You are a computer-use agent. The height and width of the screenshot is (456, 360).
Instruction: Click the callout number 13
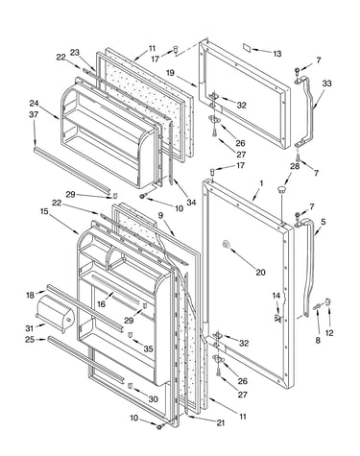pyautogui.click(x=277, y=54)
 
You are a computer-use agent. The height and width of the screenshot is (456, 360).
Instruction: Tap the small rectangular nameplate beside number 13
pyautogui.click(x=247, y=48)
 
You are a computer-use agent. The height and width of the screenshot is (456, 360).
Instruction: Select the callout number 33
pyautogui.click(x=326, y=84)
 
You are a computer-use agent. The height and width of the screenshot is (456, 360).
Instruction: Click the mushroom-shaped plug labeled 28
pyautogui.click(x=281, y=190)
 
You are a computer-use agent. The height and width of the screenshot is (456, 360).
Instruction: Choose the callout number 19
pyautogui.click(x=170, y=73)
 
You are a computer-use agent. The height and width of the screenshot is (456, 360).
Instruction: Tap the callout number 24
pyautogui.click(x=34, y=104)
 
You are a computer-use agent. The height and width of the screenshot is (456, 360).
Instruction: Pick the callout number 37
pyautogui.click(x=34, y=114)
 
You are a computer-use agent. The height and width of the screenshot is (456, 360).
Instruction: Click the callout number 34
pyautogui.click(x=191, y=203)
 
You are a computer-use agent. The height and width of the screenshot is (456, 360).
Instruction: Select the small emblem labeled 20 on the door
pyautogui.click(x=226, y=245)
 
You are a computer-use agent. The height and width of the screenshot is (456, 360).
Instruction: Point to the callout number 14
pyautogui.click(x=276, y=296)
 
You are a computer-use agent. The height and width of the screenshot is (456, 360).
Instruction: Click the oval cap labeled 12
pyautogui.click(x=328, y=301)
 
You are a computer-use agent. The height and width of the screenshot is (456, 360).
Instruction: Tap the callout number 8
pyautogui.click(x=318, y=340)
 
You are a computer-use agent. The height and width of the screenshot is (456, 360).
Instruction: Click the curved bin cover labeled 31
pyautogui.click(x=56, y=313)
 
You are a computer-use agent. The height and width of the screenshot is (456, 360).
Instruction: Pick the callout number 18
pyautogui.click(x=30, y=295)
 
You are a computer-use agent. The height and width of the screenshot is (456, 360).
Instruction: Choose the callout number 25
pyautogui.click(x=30, y=340)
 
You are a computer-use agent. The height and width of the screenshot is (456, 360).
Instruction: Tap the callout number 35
pyautogui.click(x=148, y=348)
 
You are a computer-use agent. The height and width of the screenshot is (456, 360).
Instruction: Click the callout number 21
pyautogui.click(x=220, y=422)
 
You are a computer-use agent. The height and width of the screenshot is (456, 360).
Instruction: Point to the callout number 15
pyautogui.click(x=44, y=211)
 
